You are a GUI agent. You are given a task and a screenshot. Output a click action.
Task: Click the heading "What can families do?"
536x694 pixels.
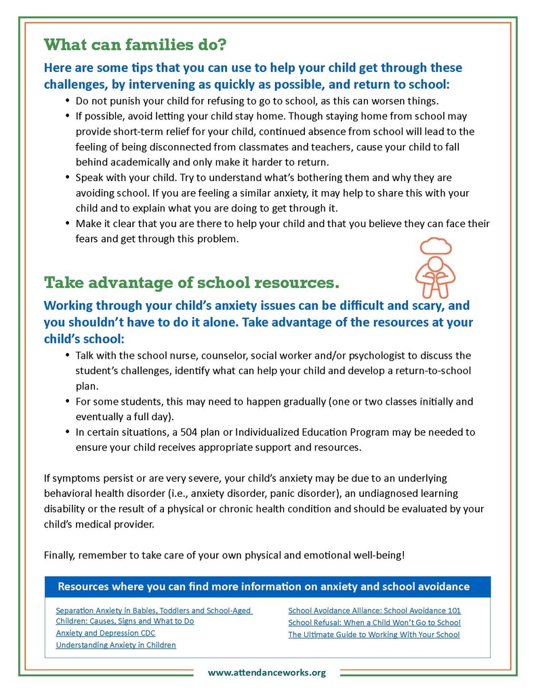pos(135,45)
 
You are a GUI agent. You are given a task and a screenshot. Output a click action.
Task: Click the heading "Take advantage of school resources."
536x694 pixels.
pos(191,282)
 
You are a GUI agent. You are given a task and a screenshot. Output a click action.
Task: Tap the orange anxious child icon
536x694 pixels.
pos(434,274)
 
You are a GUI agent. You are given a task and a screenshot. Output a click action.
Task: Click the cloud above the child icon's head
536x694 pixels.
pos(435,245)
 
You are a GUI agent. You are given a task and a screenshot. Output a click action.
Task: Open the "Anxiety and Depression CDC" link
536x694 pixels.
pos(105,633)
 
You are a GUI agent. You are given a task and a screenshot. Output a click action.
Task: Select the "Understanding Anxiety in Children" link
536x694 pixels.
pos(116,645)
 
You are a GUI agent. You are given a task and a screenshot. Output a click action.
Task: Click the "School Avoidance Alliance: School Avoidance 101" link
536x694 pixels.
pos(374,610)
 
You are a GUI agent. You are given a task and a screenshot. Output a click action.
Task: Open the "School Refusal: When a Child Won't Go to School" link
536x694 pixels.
pos(374,622)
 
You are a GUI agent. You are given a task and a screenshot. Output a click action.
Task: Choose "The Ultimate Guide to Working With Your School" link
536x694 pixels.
pos(373,634)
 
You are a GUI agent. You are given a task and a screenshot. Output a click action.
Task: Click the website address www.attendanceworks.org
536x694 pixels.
pos(267,672)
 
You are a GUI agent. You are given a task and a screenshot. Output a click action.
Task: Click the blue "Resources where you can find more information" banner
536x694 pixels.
pos(267,586)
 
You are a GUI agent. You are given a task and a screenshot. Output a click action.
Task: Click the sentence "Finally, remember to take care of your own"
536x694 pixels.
pos(224,555)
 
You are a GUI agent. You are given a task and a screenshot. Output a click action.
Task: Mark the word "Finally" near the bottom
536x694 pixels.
pos(60,555)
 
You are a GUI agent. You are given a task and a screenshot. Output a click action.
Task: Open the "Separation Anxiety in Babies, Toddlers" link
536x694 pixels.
pos(154,610)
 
